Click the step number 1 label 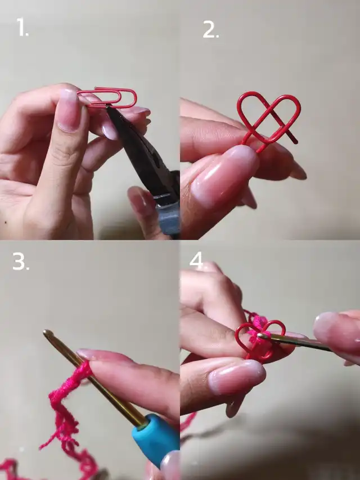point(22,27)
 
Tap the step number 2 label point(210,30)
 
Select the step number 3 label point(21,261)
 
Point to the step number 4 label point(196,260)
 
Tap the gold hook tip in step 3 point(48,333)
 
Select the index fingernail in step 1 point(68,110)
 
